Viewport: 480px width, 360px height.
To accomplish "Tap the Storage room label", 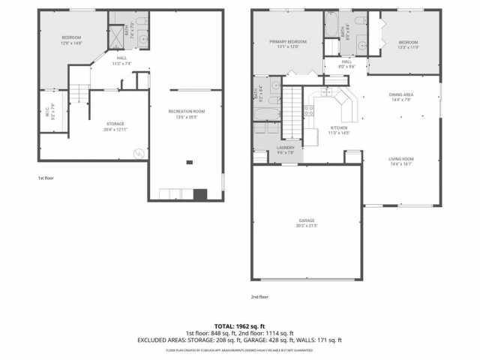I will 115,124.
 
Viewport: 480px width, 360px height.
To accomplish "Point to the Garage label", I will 306,220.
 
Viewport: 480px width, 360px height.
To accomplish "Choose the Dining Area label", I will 401,94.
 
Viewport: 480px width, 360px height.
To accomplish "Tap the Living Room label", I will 401,159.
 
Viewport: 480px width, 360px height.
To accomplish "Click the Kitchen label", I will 339,127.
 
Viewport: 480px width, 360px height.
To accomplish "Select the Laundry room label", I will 286,148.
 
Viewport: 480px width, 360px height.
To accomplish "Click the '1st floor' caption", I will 46,178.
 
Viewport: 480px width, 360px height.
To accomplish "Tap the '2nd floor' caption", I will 259,297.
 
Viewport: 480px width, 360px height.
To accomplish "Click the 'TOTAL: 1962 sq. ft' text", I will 239,326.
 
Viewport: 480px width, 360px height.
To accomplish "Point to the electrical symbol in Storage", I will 139,154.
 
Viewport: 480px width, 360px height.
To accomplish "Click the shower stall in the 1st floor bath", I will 117,35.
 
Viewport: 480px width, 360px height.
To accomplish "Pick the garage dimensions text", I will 306,225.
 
